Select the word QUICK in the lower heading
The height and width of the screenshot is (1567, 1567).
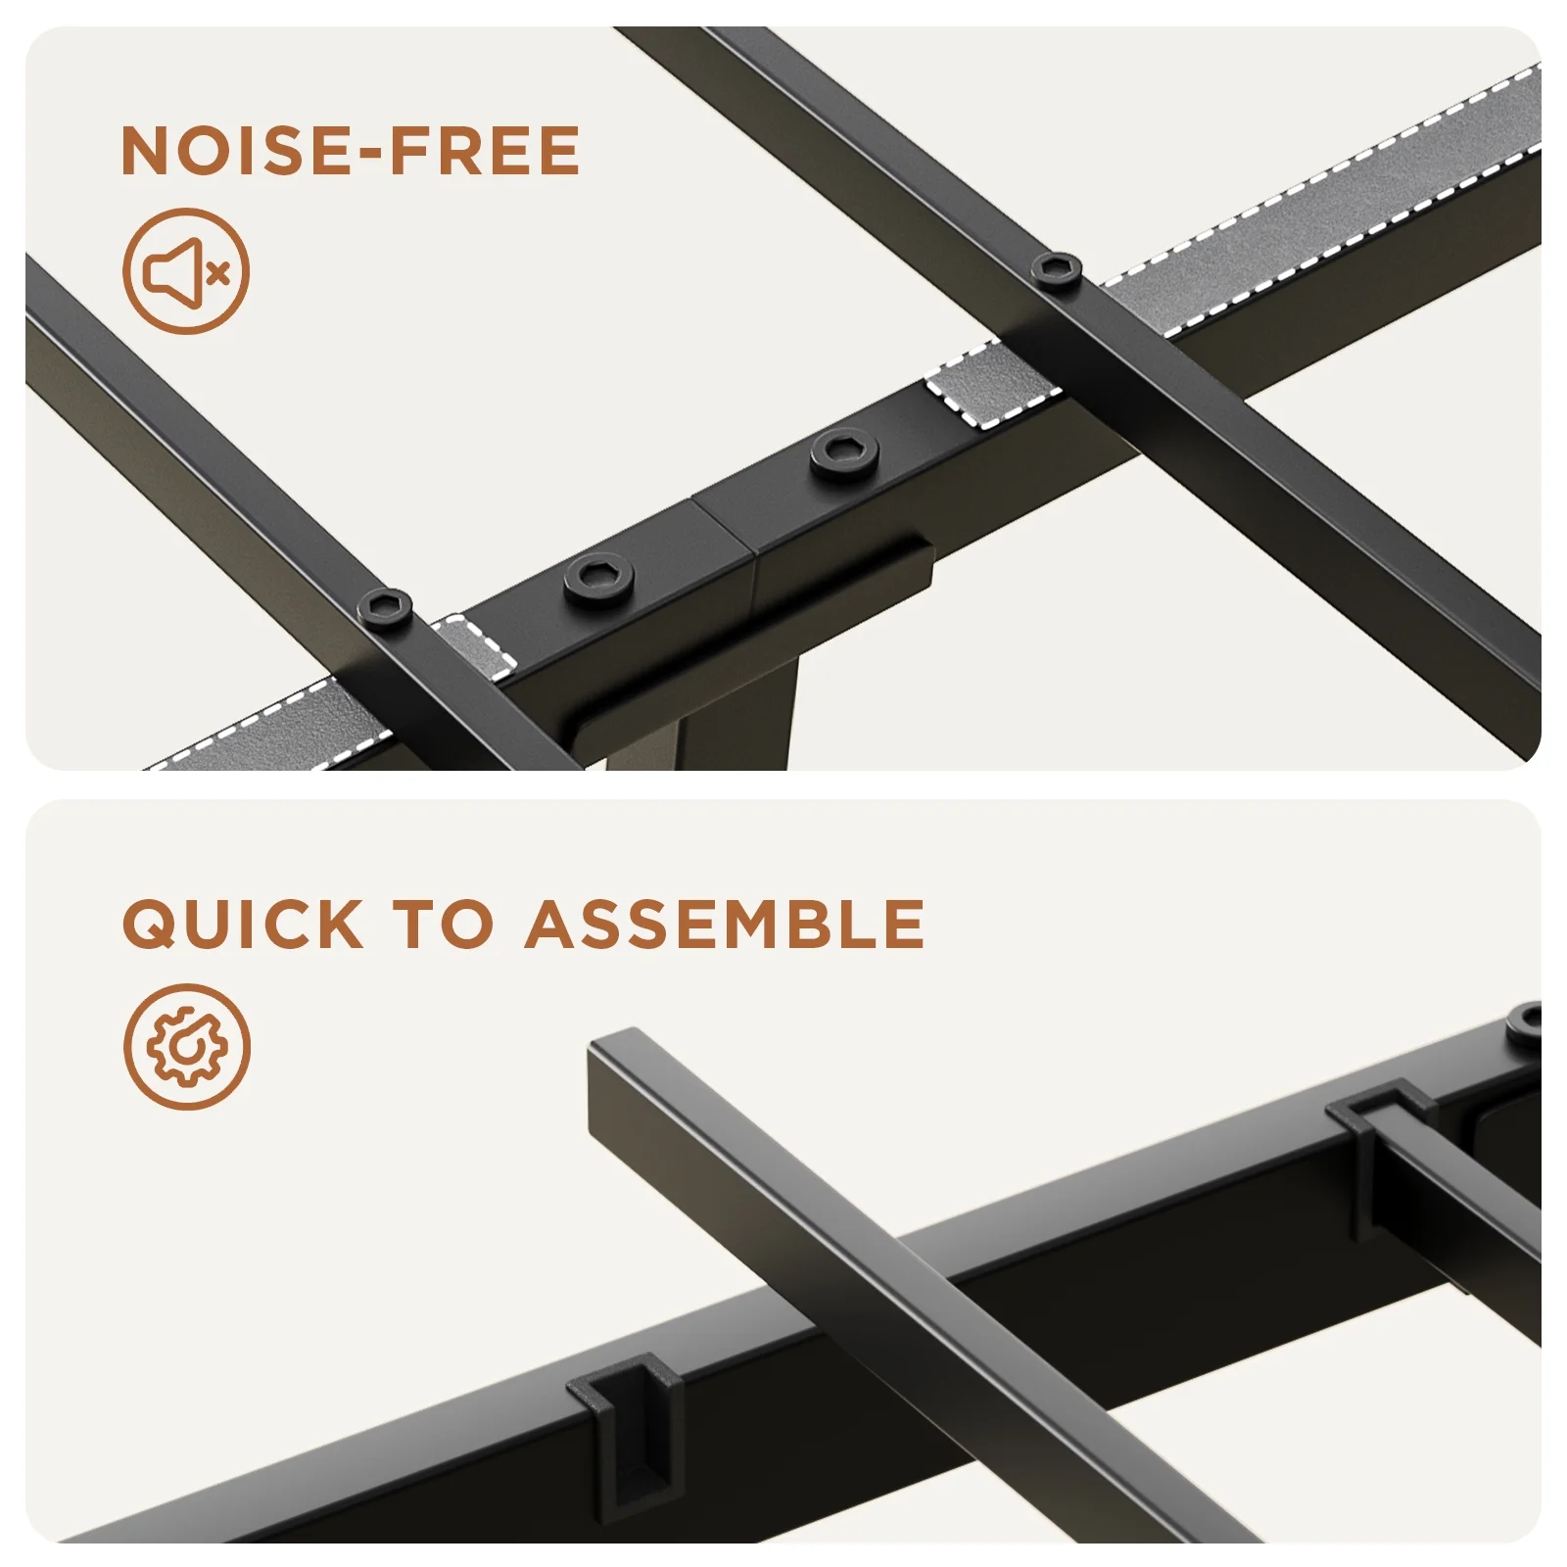(242, 924)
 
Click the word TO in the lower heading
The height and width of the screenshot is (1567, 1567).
(443, 924)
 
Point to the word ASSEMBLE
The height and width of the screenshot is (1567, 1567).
(725, 924)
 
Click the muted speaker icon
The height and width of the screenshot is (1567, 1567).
(186, 271)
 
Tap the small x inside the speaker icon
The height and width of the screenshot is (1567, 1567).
(218, 272)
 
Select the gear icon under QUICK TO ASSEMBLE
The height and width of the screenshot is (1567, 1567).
(187, 1047)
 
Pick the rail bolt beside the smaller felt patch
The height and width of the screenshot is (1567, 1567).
(597, 580)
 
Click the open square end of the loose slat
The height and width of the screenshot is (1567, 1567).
(612, 1087)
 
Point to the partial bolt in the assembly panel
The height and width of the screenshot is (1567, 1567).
(1525, 1021)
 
